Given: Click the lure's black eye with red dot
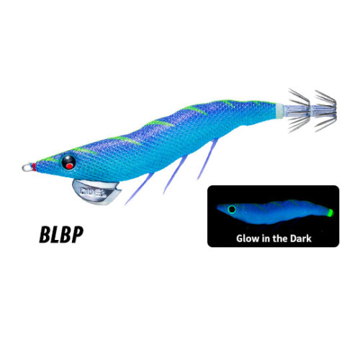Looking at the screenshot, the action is pyautogui.click(x=68, y=162).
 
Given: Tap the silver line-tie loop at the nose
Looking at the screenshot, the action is pyautogui.click(x=27, y=167).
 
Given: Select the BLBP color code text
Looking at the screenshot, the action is pyautogui.click(x=61, y=234).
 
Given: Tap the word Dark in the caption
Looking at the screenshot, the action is pyautogui.click(x=301, y=239).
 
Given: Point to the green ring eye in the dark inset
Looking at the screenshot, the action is pyautogui.click(x=232, y=209).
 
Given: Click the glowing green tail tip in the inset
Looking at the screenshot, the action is pyautogui.click(x=330, y=213).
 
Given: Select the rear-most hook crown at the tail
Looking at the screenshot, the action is pyautogui.click(x=325, y=111).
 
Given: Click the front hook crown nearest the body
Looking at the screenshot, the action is pyautogui.click(x=300, y=110).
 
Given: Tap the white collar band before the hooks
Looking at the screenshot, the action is pyautogui.click(x=279, y=111).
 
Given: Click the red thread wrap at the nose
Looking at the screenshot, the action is pyautogui.click(x=35, y=167).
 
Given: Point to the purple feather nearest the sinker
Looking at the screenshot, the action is pyautogui.click(x=139, y=189).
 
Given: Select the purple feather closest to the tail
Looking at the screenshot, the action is pyautogui.click(x=207, y=159).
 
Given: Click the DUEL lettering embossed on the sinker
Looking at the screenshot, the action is pyautogui.click(x=94, y=192).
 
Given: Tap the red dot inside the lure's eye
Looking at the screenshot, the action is pyautogui.click(x=69, y=166).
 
